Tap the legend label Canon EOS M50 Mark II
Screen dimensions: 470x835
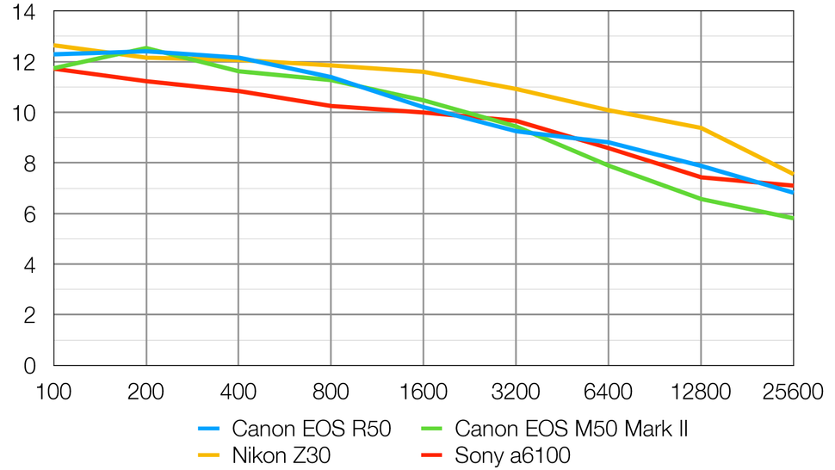pyautogui.click(x=571, y=429)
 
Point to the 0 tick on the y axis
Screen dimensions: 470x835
pyautogui.click(x=29, y=366)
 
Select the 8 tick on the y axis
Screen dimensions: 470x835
pyautogui.click(x=29, y=164)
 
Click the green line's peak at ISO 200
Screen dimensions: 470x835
pyautogui.click(x=146, y=48)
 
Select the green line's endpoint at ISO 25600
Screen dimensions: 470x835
pyautogui.click(x=793, y=219)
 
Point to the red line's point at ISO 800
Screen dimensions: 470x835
pyautogui.click(x=331, y=106)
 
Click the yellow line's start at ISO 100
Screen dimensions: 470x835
pyautogui.click(x=54, y=46)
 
